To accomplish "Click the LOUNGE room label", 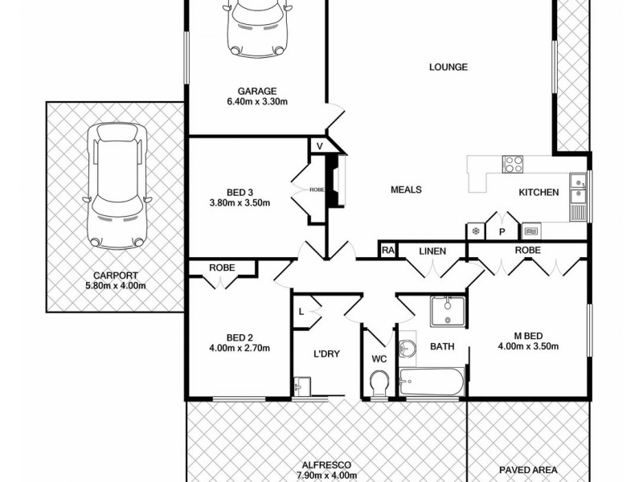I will coord(448,67).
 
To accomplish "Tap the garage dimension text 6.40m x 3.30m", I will coord(257,103).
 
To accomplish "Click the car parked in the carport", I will coord(117,185).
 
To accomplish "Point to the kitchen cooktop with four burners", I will coord(512,164).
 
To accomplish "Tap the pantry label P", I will coord(502,231).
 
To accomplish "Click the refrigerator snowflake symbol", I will coord(475,231).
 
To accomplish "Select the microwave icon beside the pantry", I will coord(530,231).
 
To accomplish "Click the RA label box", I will coord(387,251).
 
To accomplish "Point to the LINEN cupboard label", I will coord(432,251).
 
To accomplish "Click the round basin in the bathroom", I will coord(408,348).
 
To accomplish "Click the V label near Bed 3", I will coord(319,145).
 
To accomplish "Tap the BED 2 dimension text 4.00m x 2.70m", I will coord(236,348).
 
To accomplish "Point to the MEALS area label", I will coord(406,190).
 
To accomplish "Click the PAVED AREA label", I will coord(528,470).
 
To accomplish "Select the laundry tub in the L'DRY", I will coord(301,387).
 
